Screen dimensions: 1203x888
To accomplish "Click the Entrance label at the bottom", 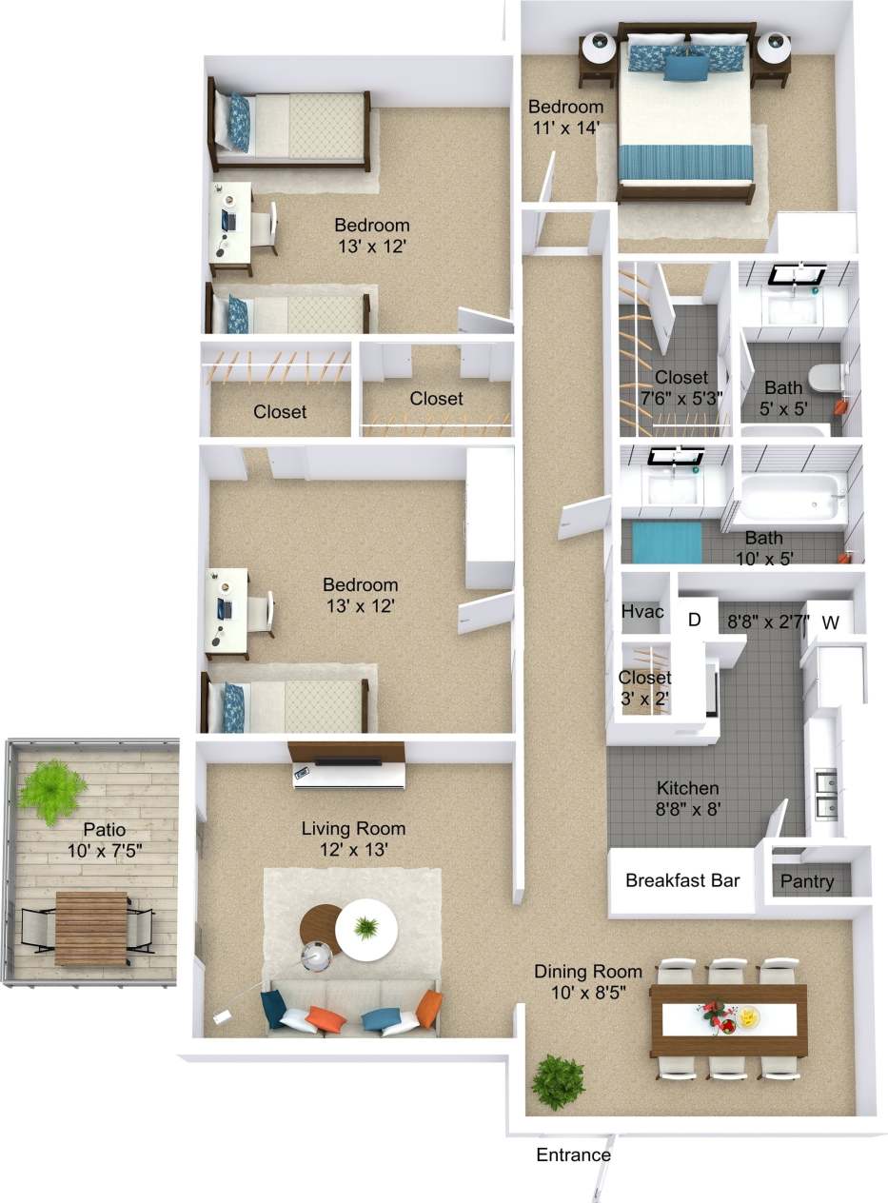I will tap(573, 1155).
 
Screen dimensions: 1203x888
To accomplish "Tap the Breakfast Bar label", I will tap(681, 880).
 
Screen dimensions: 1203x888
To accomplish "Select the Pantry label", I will tap(807, 881).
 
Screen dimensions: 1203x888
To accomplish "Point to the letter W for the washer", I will tap(830, 623).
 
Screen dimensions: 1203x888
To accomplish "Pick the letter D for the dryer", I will tap(694, 621).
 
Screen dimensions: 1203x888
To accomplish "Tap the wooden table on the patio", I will tap(90, 927).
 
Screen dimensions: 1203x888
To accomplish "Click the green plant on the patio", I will tap(51, 789).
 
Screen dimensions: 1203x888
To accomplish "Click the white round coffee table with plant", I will tap(367, 930).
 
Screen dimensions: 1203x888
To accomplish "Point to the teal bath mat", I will tap(666, 542).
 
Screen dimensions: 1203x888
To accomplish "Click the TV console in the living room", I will tap(347, 766).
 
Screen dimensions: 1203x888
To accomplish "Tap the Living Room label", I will tap(353, 828).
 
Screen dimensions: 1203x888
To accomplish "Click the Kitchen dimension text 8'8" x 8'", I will tap(687, 810).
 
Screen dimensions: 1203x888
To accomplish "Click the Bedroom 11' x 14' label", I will tap(565, 116).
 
